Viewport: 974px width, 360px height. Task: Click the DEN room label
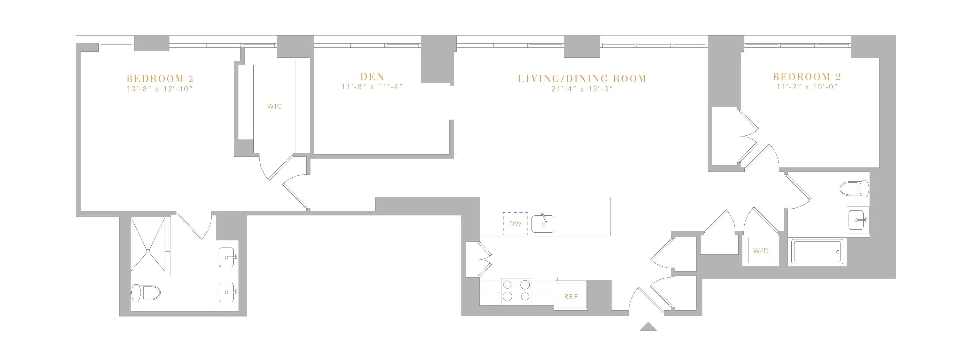pos(372,77)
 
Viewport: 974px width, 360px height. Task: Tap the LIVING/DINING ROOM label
pos(582,79)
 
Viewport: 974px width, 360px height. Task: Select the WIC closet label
pos(274,107)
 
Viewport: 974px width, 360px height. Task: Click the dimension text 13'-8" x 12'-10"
pos(160,89)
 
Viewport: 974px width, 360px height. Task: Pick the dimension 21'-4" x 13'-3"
pos(582,90)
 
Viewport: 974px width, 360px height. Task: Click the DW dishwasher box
pos(515,224)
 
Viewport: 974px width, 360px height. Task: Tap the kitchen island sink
pos(543,224)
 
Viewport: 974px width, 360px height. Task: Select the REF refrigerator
pos(570,297)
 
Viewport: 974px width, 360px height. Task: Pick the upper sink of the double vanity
pos(227,257)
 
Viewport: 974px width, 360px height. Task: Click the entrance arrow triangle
pos(648,327)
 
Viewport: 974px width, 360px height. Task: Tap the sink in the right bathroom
pos(858,220)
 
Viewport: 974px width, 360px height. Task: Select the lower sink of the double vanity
pos(227,292)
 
